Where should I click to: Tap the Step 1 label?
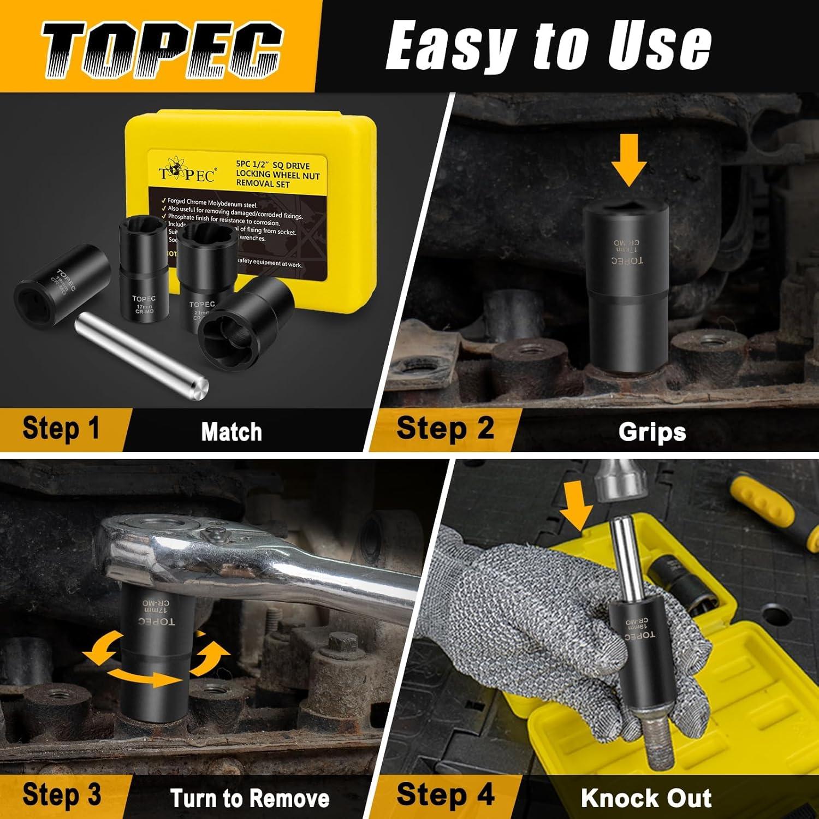(61, 428)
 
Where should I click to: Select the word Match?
(232, 432)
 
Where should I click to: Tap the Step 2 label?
(445, 428)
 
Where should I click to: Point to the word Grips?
(652, 432)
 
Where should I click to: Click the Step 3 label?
(62, 795)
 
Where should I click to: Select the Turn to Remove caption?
(250, 798)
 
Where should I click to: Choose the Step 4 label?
(445, 794)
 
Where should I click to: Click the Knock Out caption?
(646, 798)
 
